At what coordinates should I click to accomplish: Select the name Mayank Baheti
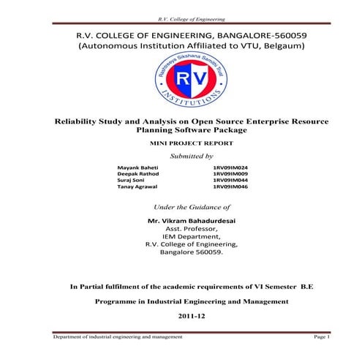pos(137,167)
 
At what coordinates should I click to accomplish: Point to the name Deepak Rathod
pos(138,174)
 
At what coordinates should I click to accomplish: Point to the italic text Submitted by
pos(192,157)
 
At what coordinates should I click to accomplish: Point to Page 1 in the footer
pos(322,336)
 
